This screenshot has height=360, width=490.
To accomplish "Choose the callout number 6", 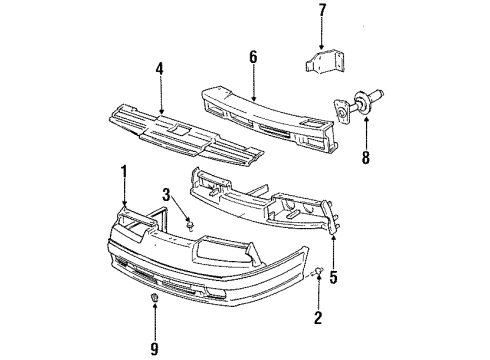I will pyautogui.click(x=253, y=59).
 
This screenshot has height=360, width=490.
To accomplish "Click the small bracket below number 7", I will pyautogui.click(x=325, y=62).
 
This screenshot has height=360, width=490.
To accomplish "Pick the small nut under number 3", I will pyautogui.click(x=186, y=228).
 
